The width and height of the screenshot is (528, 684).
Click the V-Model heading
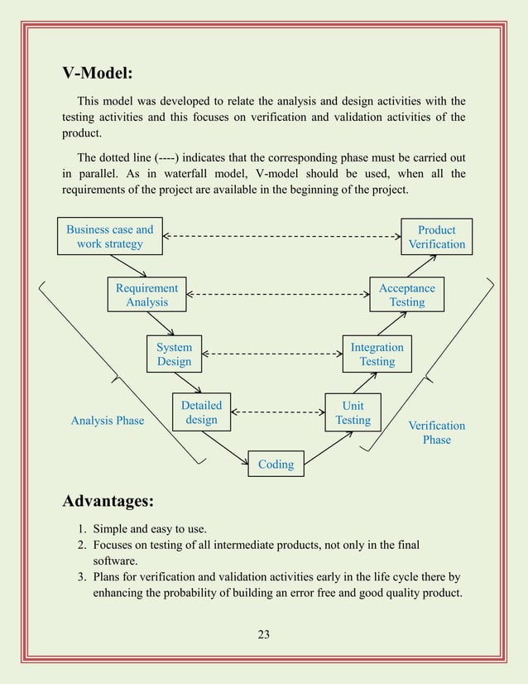(x=98, y=73)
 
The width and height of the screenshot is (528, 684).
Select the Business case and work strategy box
(x=110, y=236)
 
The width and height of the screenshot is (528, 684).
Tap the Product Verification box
(x=436, y=237)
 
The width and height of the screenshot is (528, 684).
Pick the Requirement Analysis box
(x=146, y=295)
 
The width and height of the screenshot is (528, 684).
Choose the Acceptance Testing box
(x=406, y=295)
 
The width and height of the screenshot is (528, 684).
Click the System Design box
(x=174, y=354)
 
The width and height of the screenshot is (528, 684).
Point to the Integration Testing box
(x=377, y=354)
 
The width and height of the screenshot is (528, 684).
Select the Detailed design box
(x=201, y=412)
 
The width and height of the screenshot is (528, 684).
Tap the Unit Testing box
(x=353, y=412)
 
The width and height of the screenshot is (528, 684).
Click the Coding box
(x=276, y=464)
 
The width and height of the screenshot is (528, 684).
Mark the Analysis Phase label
(x=108, y=421)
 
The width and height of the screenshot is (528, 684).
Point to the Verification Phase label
(x=436, y=432)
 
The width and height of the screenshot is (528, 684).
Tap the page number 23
(x=264, y=634)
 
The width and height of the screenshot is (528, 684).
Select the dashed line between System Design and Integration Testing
(x=272, y=354)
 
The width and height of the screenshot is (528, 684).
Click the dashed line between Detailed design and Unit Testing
(x=278, y=412)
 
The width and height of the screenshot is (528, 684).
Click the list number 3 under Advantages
(x=82, y=576)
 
